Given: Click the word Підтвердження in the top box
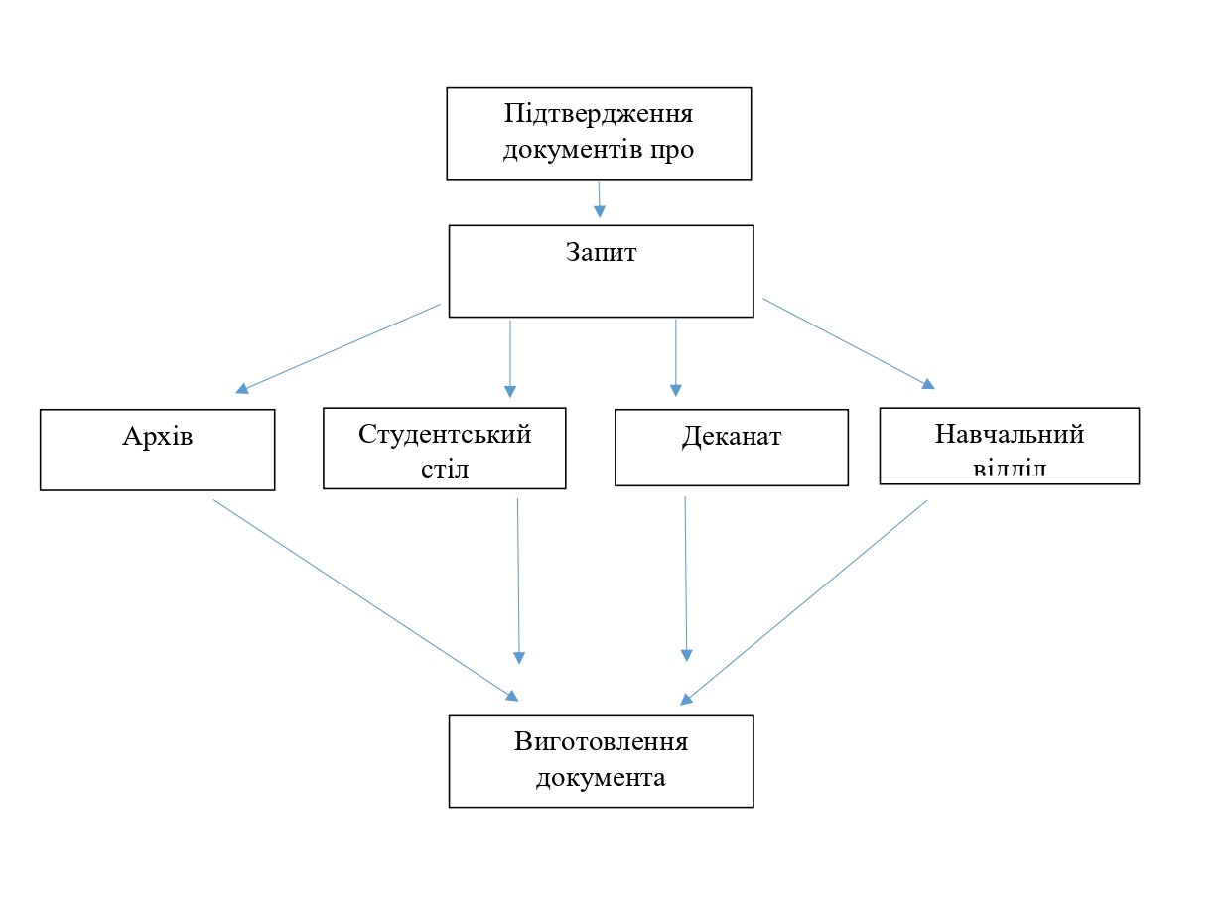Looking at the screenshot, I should [x=598, y=113].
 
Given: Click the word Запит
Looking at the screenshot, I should [x=601, y=252].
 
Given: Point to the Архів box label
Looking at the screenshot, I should [x=157, y=436].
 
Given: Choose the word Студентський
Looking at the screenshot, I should [x=445, y=434].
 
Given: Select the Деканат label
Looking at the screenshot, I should [x=732, y=436].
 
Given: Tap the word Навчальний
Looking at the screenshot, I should [x=1009, y=434].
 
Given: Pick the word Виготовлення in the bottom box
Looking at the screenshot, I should [x=601, y=742].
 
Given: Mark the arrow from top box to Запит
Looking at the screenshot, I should [x=599, y=198].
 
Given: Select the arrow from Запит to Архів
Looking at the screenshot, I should [x=338, y=348].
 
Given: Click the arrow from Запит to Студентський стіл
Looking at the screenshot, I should [x=510, y=357].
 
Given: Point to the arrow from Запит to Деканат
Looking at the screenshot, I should [x=676, y=357].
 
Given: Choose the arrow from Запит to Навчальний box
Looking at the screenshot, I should [x=849, y=342].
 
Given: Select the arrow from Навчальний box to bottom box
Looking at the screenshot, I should [x=804, y=601].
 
